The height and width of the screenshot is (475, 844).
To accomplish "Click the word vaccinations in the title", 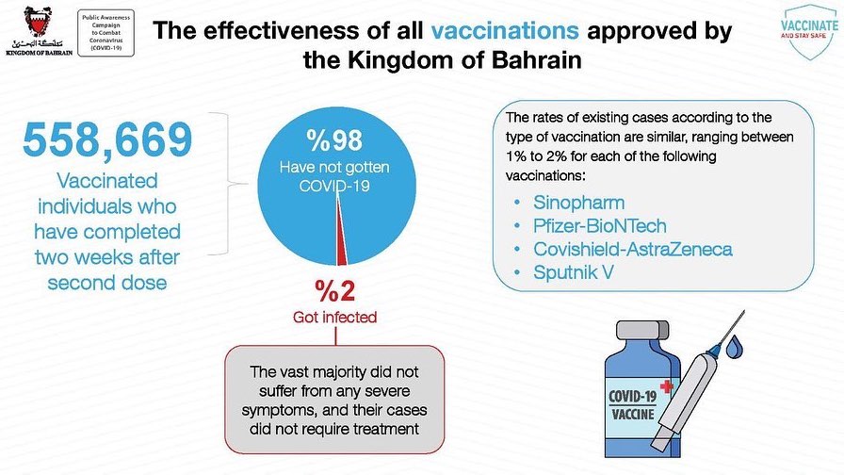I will (x=506, y=31).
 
